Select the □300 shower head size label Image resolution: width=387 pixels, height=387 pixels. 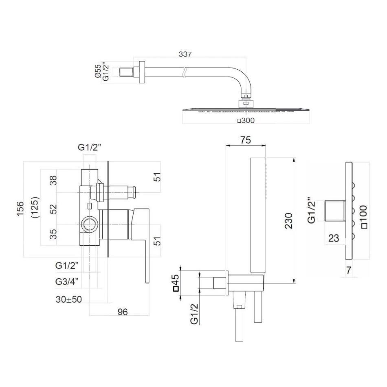tap(246, 121)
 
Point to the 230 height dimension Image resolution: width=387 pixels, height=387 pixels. tap(288, 220)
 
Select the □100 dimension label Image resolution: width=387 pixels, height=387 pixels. tap(364, 216)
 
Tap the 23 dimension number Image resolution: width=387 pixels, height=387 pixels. tap(333, 238)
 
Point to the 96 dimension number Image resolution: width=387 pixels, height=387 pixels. tap(122, 312)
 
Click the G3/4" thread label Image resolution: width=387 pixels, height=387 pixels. tap(67, 281)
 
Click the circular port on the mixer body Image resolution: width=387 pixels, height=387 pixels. tap(89, 224)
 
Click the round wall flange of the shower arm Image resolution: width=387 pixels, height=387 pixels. tap(141, 72)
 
